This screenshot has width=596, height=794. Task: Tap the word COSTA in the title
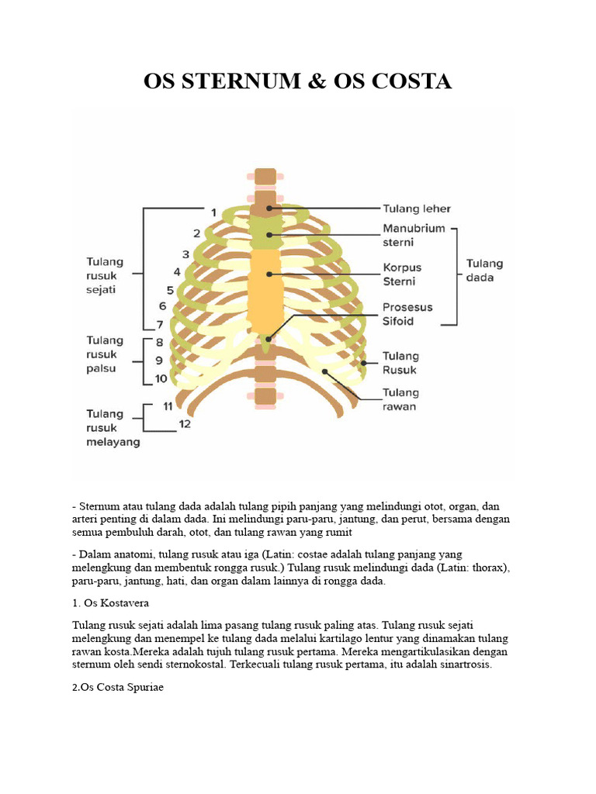413,81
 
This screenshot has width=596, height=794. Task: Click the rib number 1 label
213,211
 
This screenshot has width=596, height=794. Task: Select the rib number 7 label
160,325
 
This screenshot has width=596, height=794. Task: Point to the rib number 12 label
185,423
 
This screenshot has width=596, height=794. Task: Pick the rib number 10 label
160,378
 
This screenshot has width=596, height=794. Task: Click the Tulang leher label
416,209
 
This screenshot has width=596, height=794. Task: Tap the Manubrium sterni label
414,235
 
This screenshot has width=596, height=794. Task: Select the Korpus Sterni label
401,274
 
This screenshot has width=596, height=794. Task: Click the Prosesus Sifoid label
407,313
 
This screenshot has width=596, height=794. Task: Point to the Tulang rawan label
400,399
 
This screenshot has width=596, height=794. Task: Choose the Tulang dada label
484,271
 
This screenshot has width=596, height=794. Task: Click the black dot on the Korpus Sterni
269,274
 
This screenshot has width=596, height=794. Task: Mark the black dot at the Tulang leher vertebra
269,208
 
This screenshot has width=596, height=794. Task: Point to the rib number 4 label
178,272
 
